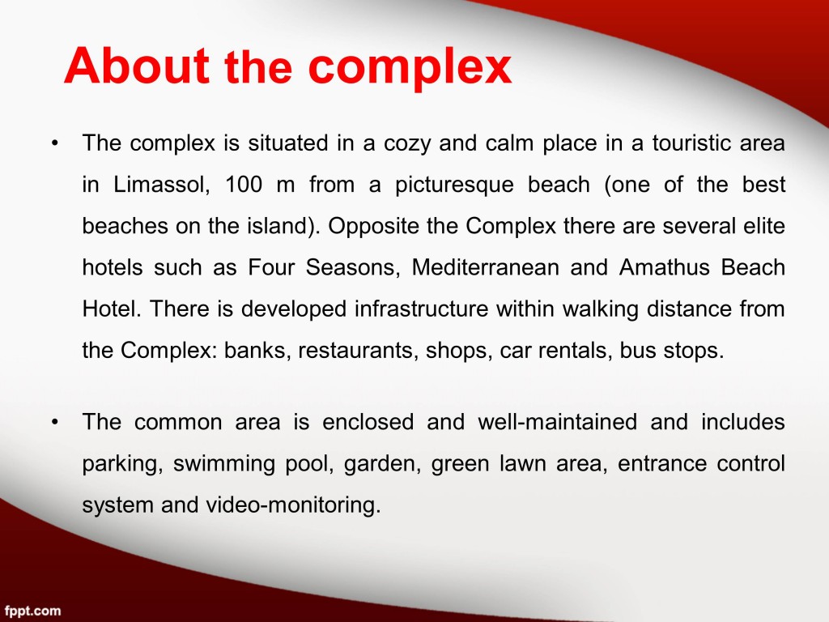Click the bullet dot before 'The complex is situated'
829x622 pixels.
pyautogui.click(x=54, y=143)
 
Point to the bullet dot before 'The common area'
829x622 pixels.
pyautogui.click(x=54, y=422)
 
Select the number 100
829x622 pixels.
pyautogui.click(x=244, y=185)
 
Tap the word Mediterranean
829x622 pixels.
pyautogui.click(x=486, y=267)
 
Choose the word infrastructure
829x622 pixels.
pyautogui.click(x=421, y=309)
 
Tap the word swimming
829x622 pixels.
pyautogui.click(x=223, y=464)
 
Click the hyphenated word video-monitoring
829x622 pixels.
pyautogui.click(x=293, y=505)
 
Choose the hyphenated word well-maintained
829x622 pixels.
pyautogui.click(x=557, y=422)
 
